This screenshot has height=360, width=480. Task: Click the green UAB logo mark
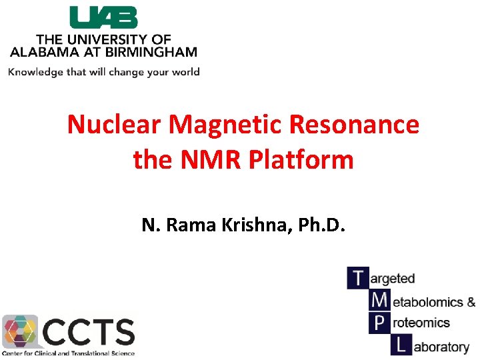click(x=103, y=17)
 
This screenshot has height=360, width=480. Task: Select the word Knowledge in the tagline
click(x=35, y=72)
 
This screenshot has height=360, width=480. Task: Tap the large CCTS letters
click(x=89, y=331)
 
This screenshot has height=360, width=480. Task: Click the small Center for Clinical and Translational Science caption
click(x=68, y=353)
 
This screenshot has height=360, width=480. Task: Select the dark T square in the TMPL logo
click(x=357, y=277)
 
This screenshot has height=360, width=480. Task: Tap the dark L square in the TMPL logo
click(x=400, y=345)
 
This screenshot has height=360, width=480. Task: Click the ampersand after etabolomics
click(x=469, y=302)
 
